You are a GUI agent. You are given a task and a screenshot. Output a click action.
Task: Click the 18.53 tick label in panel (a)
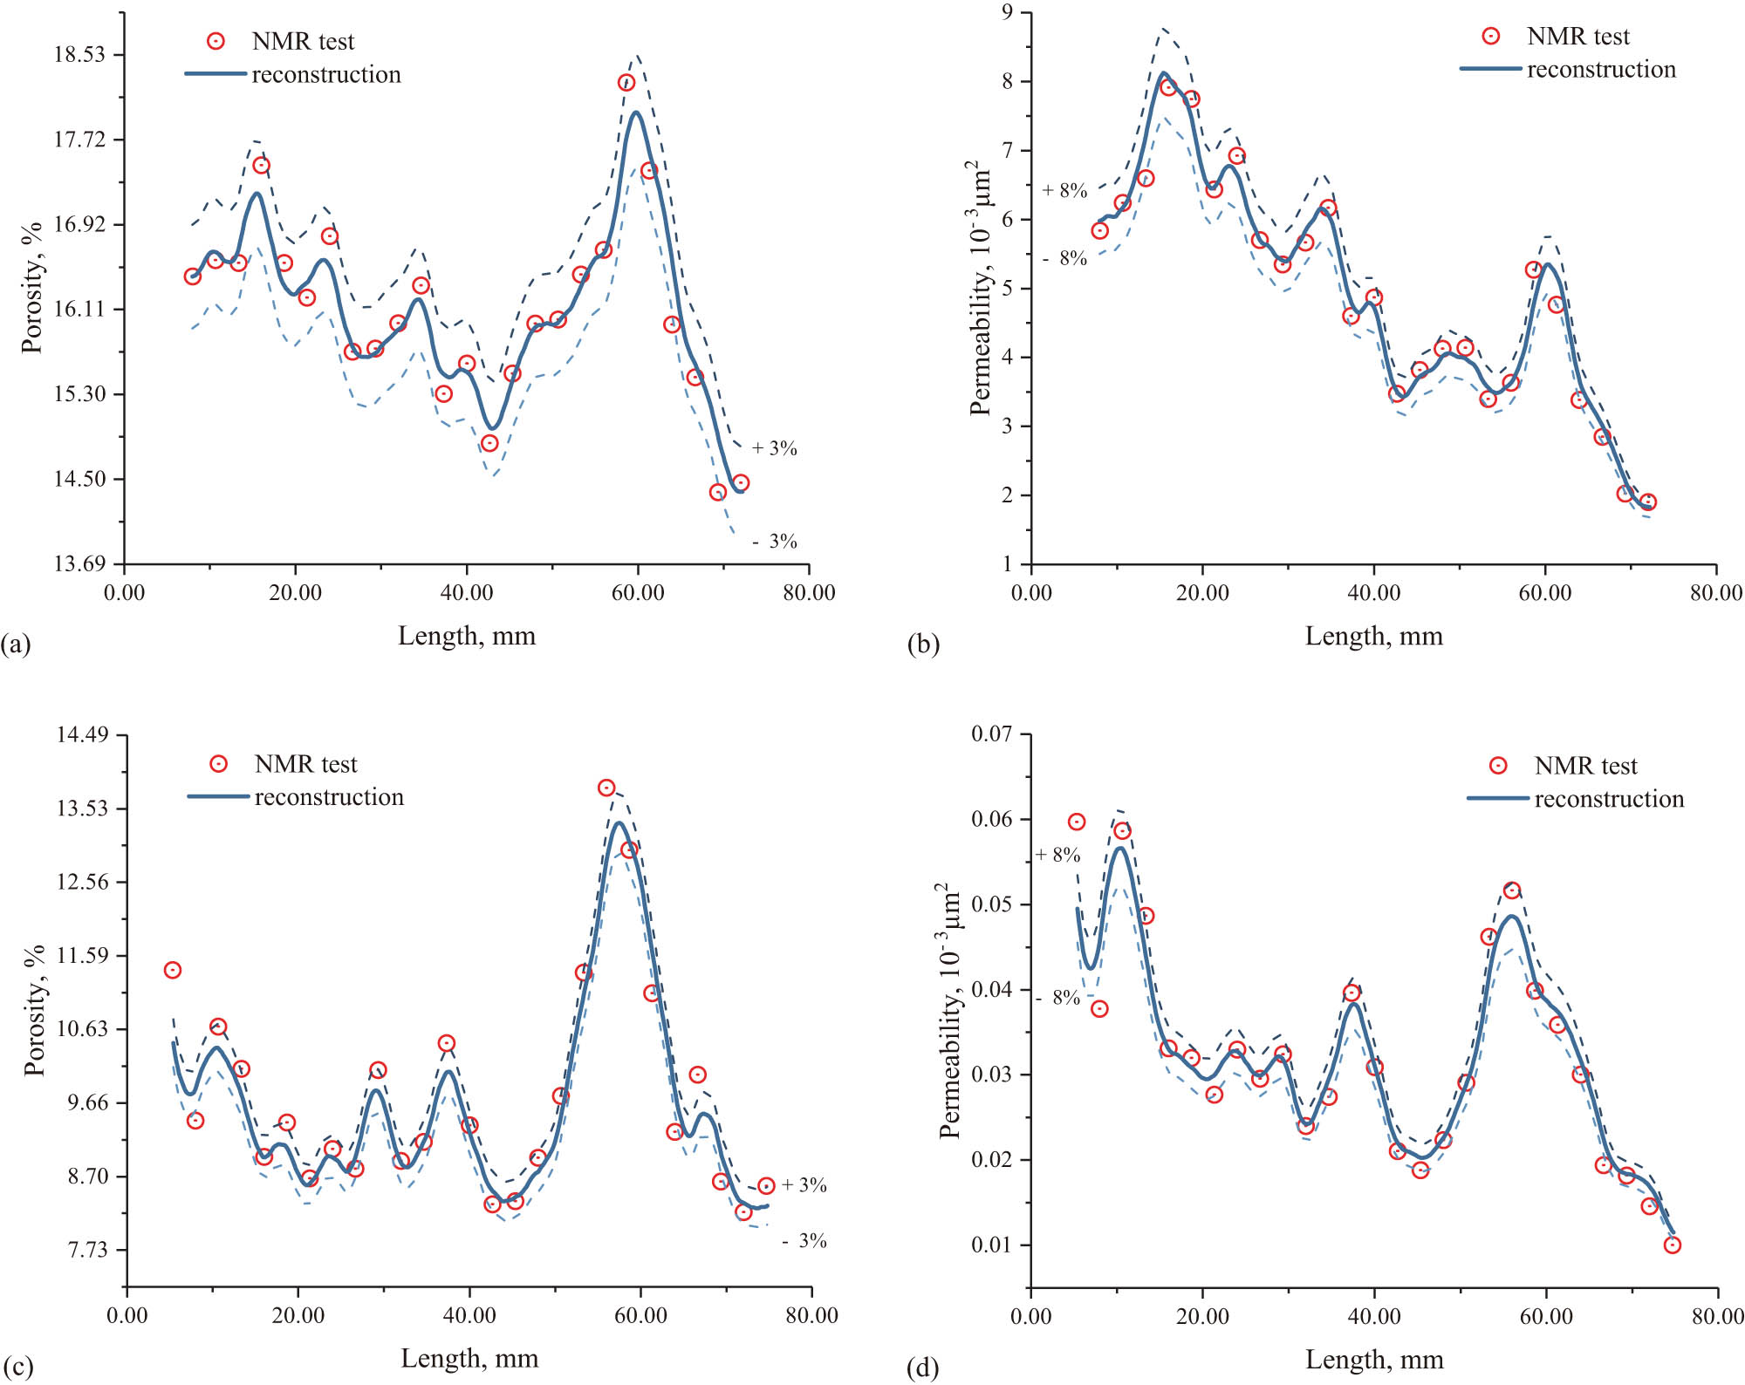click(79, 55)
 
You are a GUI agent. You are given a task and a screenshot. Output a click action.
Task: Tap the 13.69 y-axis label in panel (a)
click(79, 564)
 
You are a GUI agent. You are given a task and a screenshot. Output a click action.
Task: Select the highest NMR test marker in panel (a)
click(626, 83)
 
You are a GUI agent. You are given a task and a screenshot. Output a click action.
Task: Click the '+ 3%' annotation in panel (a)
click(774, 448)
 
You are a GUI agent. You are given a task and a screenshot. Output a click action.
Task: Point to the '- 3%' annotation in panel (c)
click(804, 1241)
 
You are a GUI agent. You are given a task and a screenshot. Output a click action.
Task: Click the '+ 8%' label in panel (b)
click(1064, 190)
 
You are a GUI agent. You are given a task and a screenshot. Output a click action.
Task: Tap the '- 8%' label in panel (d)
click(1058, 998)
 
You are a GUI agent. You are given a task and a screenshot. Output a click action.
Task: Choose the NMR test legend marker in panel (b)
click(1491, 36)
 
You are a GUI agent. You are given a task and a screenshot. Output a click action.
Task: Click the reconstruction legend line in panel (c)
click(218, 796)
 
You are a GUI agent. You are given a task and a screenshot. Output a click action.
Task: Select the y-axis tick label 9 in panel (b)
click(1008, 12)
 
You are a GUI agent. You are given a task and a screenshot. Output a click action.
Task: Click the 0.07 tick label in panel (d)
click(992, 734)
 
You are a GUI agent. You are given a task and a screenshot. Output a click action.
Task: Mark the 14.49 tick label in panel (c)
click(82, 734)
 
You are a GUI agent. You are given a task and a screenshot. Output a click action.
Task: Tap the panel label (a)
click(16, 645)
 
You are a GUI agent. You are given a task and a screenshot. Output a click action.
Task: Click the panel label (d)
click(923, 1367)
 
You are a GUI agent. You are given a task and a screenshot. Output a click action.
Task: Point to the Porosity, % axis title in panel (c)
click(34, 1010)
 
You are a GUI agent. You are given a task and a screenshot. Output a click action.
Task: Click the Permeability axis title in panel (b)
click(981, 288)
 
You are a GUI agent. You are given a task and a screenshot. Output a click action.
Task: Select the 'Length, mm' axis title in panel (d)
click(1374, 1360)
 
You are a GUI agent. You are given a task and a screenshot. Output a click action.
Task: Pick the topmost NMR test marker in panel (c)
click(606, 788)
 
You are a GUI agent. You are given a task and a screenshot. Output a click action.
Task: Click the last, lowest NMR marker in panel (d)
click(1672, 1245)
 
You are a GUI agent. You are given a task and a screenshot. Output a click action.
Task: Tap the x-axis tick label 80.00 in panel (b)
click(1715, 593)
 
